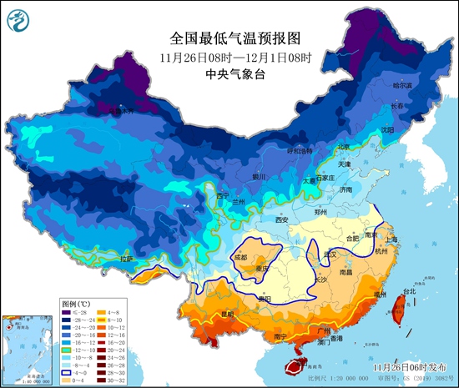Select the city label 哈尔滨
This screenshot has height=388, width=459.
403,85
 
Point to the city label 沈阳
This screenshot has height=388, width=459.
387,130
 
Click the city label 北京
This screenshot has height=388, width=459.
342,147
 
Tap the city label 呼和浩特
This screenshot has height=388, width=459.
298,151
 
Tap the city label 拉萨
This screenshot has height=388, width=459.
126,260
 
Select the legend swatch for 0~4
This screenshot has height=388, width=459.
66,378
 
